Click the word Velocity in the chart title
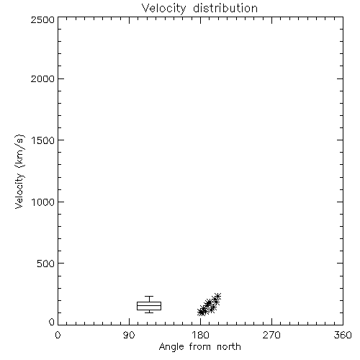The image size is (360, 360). (164, 9)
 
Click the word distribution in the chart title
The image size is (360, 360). (225, 8)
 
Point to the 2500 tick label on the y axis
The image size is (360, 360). (42, 19)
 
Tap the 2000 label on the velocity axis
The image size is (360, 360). (42, 79)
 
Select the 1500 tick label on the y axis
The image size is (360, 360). (43, 140)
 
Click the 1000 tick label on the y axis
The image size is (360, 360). (43, 202)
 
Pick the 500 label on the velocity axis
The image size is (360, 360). (46, 264)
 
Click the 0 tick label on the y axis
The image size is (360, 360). (52, 322)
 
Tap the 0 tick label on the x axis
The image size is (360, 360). (58, 335)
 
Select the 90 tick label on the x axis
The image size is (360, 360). (129, 335)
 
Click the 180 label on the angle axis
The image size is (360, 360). (200, 335)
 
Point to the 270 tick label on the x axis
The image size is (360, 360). (271, 335)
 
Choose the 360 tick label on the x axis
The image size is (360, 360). (343, 335)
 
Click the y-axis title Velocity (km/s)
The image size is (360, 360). (19, 171)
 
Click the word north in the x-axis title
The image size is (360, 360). (229, 347)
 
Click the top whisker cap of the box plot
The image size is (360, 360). (149, 297)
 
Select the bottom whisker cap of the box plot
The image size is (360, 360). (149, 312)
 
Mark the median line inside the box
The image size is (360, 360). (149, 305)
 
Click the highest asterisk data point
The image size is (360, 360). (217, 297)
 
